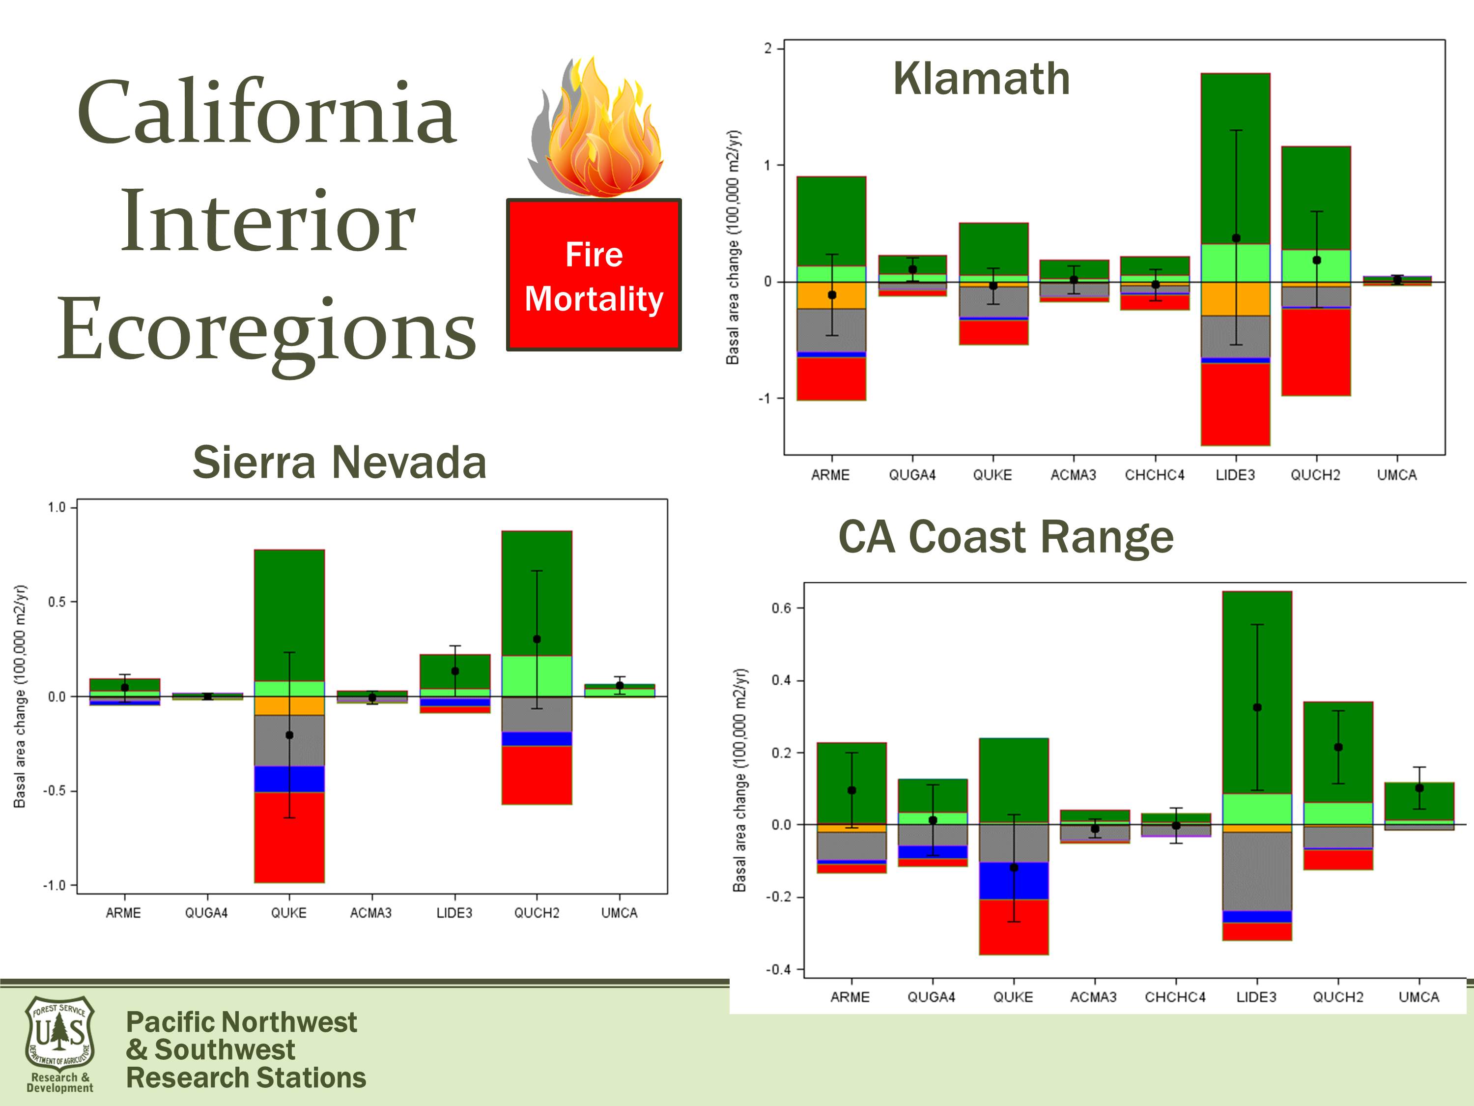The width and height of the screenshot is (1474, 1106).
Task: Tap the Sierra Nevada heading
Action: tap(340, 462)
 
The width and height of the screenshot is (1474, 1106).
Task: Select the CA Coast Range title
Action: tap(1006, 537)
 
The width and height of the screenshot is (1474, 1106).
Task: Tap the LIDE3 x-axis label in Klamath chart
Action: tap(1235, 475)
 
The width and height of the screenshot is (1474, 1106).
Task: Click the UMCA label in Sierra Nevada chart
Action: tap(619, 913)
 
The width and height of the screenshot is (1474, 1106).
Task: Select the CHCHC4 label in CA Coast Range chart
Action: tap(1175, 997)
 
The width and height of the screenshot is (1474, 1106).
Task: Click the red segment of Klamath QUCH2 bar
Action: tap(1316, 352)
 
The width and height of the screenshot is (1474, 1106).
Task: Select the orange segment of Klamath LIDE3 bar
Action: tap(1235, 299)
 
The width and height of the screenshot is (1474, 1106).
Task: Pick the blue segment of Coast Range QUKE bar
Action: tap(1014, 881)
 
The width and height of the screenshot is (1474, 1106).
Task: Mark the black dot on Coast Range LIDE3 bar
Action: tap(1257, 707)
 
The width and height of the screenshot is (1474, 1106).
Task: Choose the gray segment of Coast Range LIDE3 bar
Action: tap(1257, 872)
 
